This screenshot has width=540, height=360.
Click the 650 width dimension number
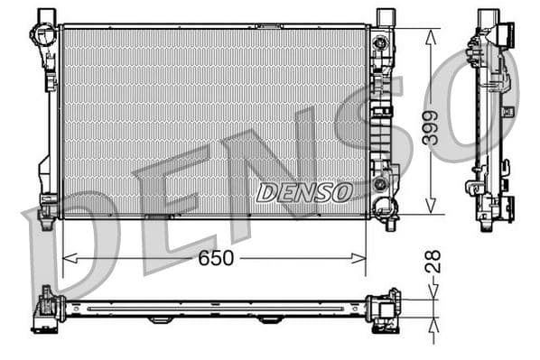coord(217,259)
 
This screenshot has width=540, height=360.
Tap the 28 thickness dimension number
coord(434,262)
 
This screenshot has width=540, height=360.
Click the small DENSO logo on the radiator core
coord(304,191)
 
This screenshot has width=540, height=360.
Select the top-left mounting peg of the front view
coord(47,16)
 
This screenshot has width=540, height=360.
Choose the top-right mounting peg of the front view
coord(386,16)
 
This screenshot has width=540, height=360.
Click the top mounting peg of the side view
coord(488,16)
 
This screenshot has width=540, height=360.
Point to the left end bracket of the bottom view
coord(45,310)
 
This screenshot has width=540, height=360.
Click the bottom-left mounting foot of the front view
coord(47,208)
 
